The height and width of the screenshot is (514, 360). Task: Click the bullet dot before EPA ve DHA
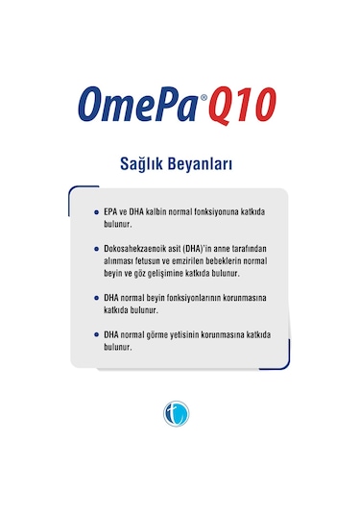point(96,211)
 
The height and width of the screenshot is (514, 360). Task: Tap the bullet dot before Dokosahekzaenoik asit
point(96,249)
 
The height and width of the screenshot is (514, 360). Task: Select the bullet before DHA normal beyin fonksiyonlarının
point(96,298)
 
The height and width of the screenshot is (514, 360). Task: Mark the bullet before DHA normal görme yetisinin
point(96,334)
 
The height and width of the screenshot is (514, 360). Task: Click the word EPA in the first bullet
point(111,211)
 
